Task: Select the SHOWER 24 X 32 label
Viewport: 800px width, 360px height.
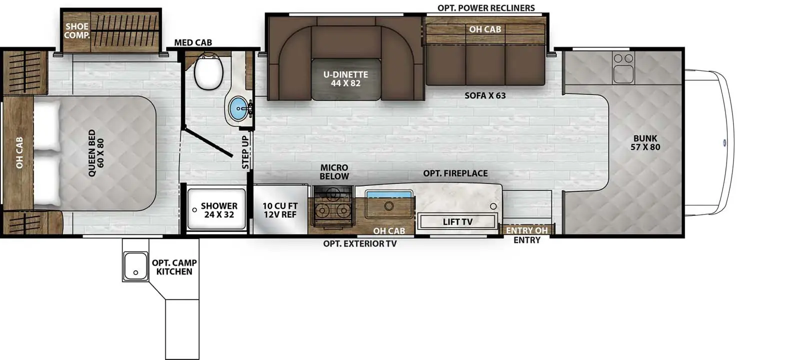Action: click(219, 210)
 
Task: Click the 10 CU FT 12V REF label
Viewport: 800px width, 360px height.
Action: click(280, 210)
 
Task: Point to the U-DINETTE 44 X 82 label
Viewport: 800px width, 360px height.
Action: click(345, 79)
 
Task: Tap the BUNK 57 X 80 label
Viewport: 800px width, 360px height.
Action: click(645, 142)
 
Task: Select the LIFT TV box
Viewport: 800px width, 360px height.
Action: click(457, 221)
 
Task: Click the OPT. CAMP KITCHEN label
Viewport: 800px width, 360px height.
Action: click(174, 267)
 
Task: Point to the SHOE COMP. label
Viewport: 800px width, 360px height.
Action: click(76, 30)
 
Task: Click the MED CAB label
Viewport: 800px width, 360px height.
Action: click(193, 42)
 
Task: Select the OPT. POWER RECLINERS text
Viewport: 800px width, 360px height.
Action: click(486, 8)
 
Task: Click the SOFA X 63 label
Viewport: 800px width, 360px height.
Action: click(485, 95)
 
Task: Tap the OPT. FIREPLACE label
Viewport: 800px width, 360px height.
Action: click(455, 173)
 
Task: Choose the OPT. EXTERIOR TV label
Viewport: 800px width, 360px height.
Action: click(359, 243)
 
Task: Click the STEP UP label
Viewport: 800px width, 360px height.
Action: click(245, 152)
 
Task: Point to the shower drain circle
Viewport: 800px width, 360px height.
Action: click(194, 210)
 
